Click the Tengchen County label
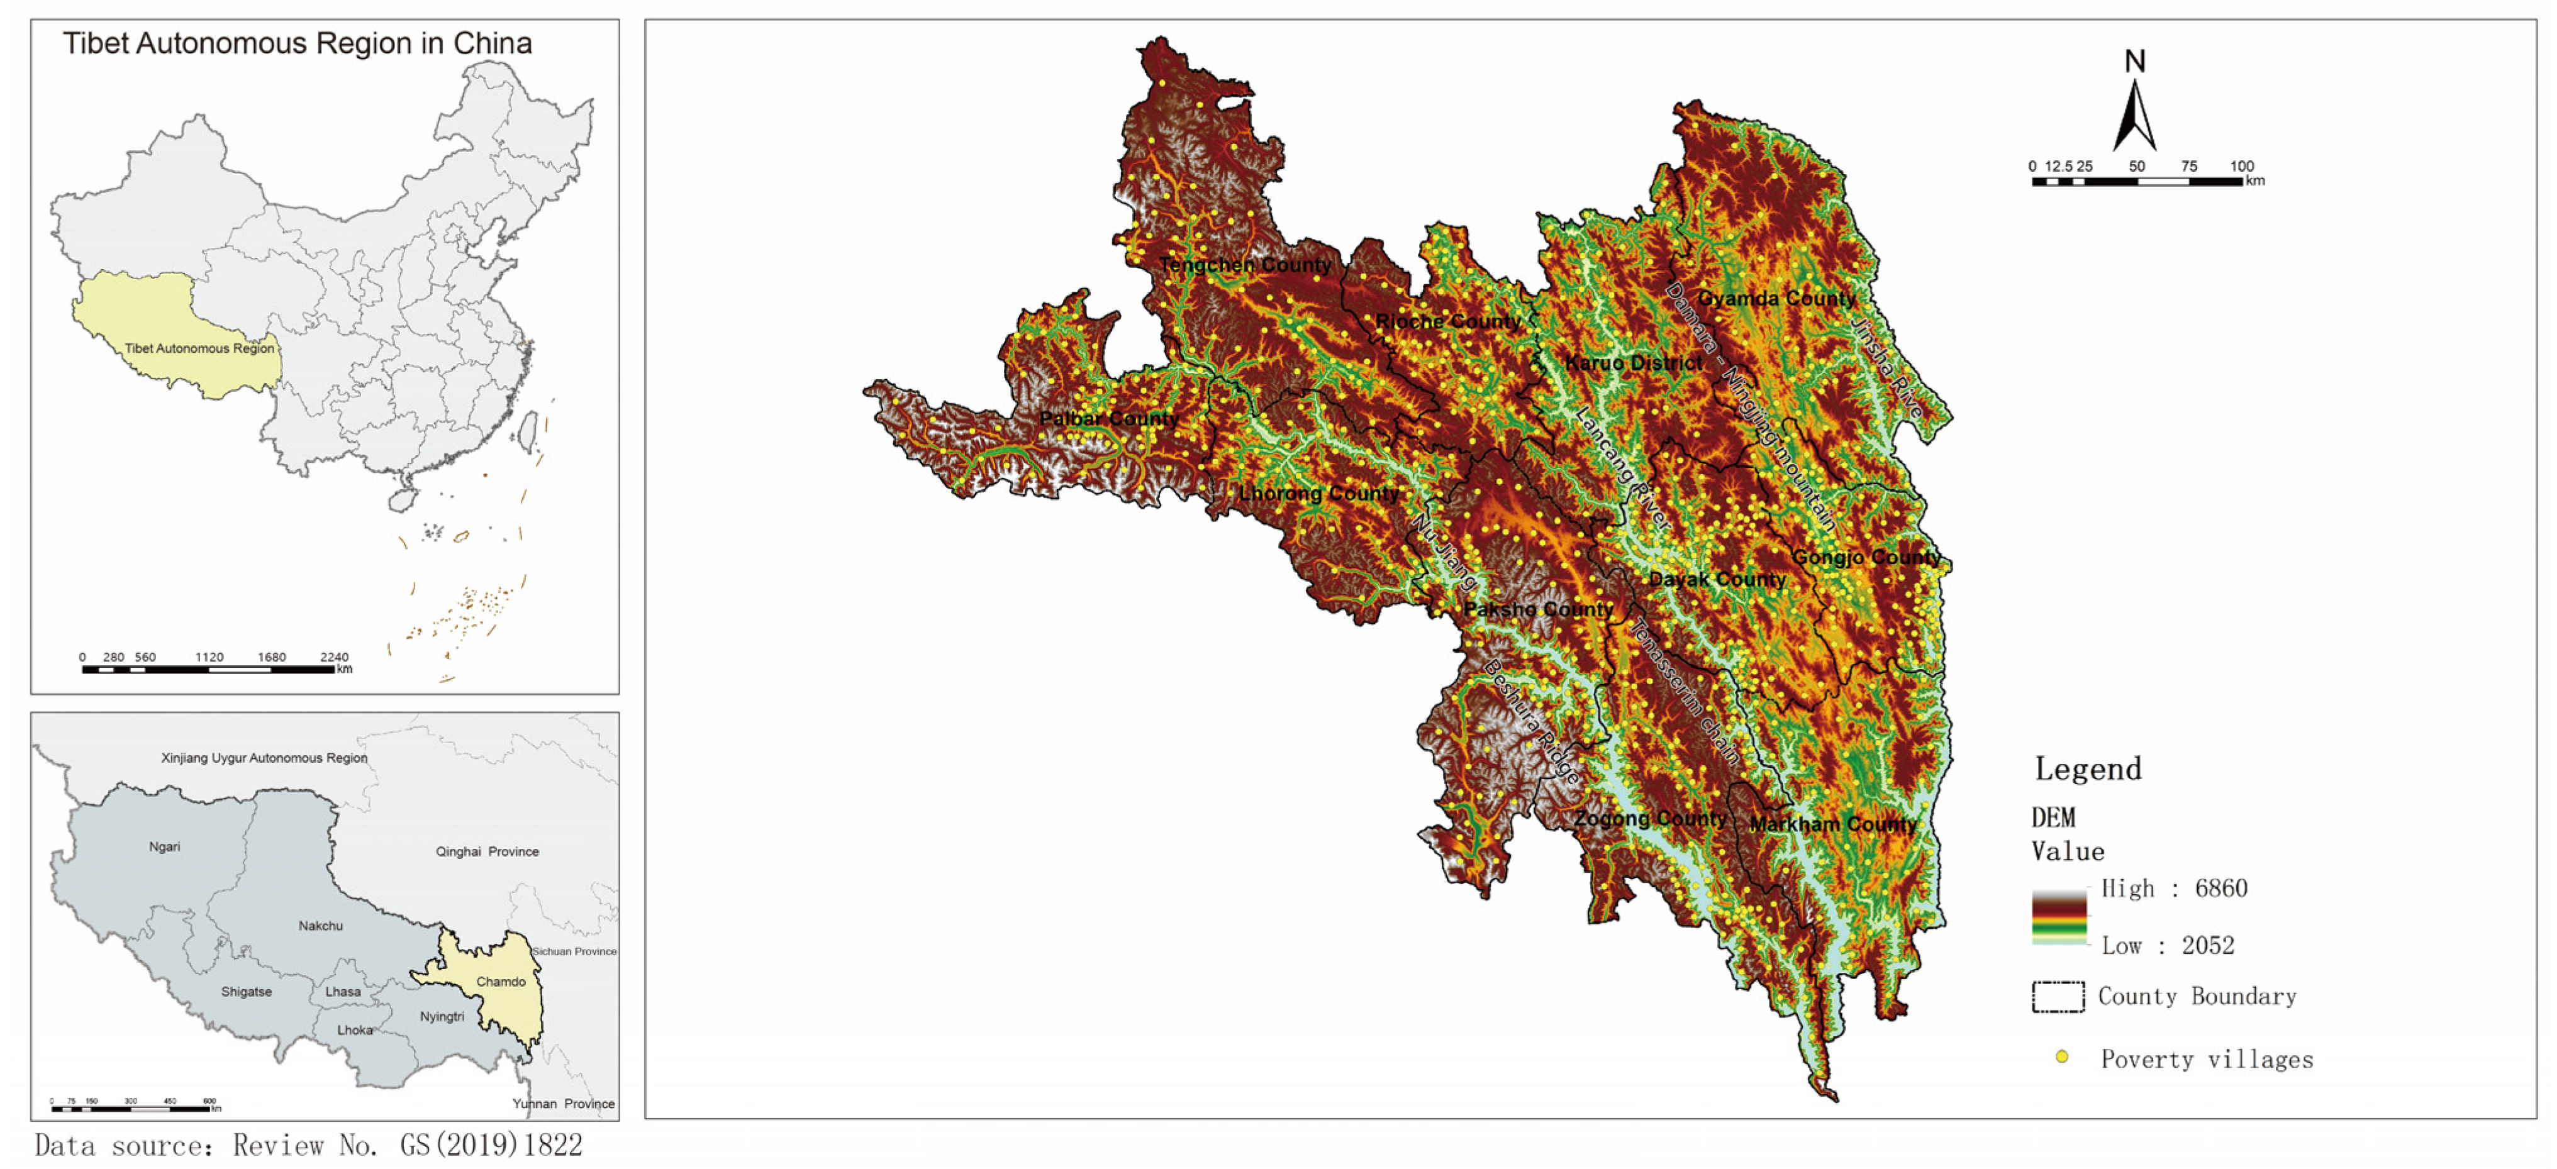pyautogui.click(x=1245, y=265)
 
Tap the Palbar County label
pyautogui.click(x=1109, y=419)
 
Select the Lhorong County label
pyautogui.click(x=1318, y=493)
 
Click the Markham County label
pyautogui.click(x=1832, y=824)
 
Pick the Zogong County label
pyautogui.click(x=1650, y=819)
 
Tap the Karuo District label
pyautogui.click(x=1633, y=363)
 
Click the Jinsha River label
pyautogui.click(x=1885, y=367)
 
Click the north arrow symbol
pyautogui.click(x=2134, y=111)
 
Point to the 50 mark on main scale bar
pyautogui.click(x=2136, y=167)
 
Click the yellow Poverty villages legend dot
pyautogui.click(x=2062, y=1057)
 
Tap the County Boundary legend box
pyautogui.click(x=2058, y=996)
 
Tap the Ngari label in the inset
pyautogui.click(x=165, y=846)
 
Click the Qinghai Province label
pyautogui.click(x=486, y=851)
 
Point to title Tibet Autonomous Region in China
pyautogui.click(x=297, y=43)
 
